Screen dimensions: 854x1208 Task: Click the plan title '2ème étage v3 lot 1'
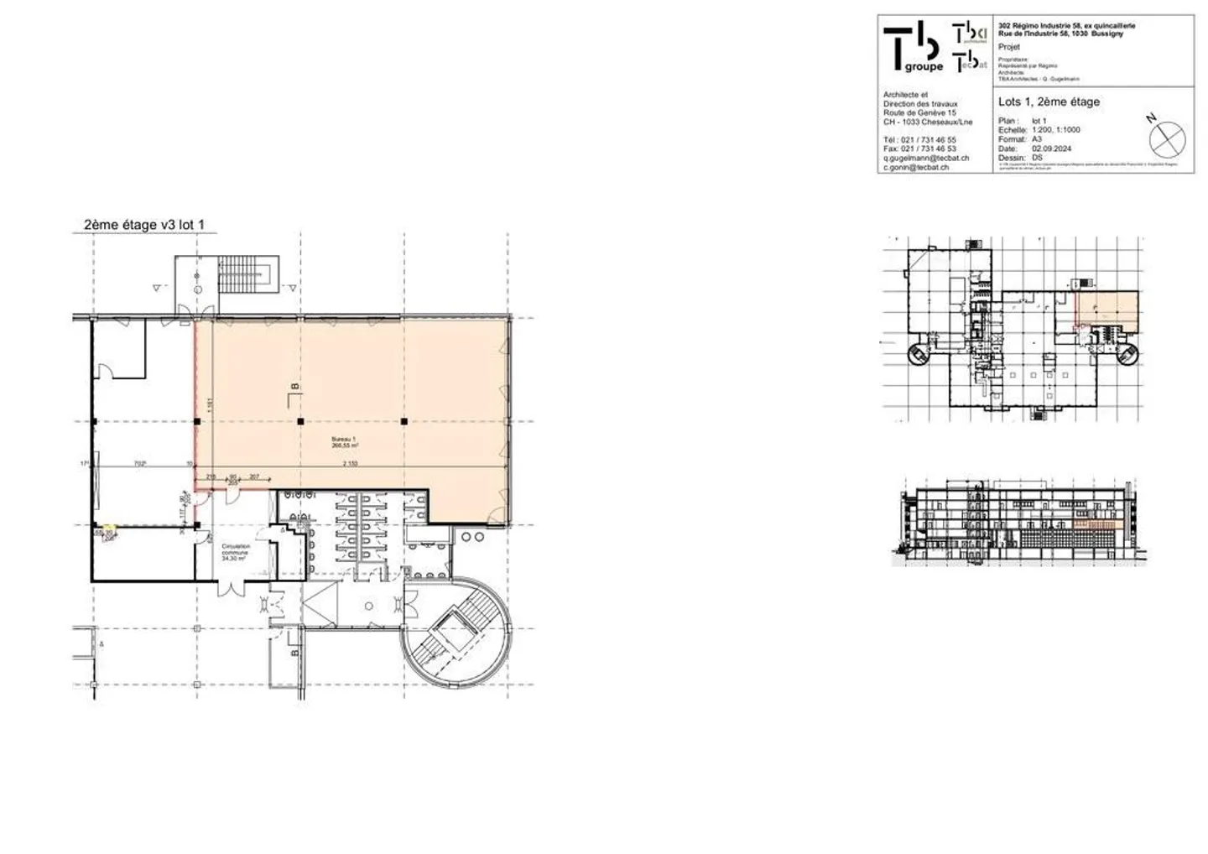point(144,225)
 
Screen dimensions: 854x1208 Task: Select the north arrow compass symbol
point(1168,138)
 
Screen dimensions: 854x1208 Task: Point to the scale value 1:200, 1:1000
point(1056,130)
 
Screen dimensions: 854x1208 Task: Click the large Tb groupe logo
point(913,48)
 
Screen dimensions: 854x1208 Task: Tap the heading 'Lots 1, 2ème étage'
point(1049,102)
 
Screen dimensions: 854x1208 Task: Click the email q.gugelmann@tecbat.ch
point(926,158)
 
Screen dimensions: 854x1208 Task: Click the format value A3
point(1037,139)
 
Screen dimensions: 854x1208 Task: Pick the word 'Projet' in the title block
point(1009,47)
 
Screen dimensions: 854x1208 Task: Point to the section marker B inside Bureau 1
point(293,387)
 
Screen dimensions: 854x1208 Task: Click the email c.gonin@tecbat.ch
point(916,167)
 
